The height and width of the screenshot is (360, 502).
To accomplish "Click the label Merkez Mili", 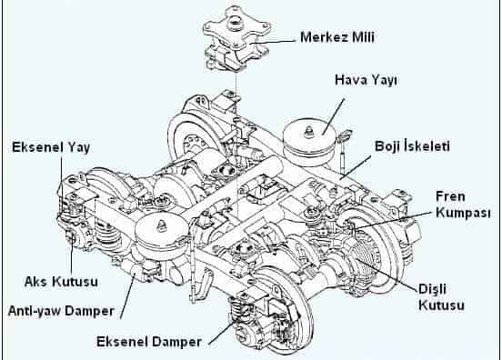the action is click(x=337, y=37).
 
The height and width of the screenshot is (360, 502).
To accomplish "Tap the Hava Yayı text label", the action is click(x=366, y=80).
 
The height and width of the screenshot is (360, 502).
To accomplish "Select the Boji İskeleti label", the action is click(x=412, y=146).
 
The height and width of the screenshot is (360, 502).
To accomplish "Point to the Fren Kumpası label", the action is click(x=463, y=205).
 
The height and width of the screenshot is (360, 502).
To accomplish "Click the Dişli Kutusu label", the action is click(x=441, y=297).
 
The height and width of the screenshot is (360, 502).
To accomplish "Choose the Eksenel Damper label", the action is click(x=149, y=342).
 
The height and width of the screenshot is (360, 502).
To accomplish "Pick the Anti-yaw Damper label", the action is click(x=61, y=311).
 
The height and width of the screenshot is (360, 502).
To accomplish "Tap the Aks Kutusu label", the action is click(x=61, y=282).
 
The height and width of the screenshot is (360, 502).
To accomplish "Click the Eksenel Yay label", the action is click(x=51, y=147).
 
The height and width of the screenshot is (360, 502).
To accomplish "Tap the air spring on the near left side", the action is click(x=162, y=230).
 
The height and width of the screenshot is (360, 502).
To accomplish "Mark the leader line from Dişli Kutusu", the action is click(x=386, y=271).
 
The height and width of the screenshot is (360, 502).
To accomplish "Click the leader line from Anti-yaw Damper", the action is click(x=128, y=296).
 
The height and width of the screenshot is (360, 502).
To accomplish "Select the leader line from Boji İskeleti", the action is click(x=355, y=167).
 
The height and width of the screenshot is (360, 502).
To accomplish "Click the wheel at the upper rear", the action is click(x=192, y=137).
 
